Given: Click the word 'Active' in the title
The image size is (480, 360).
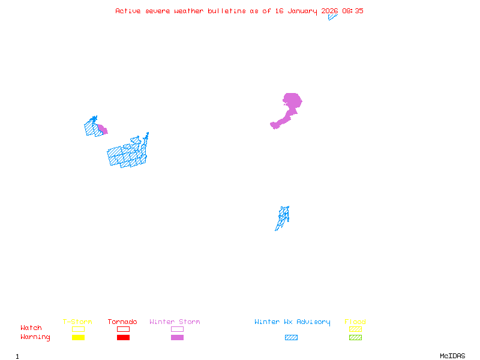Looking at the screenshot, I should click(x=128, y=11).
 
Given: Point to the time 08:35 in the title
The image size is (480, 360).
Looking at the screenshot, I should click(x=353, y=11).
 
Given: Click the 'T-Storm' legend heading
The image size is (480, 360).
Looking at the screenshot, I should click(x=77, y=322).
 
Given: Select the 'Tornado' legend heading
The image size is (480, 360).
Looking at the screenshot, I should click(x=122, y=322).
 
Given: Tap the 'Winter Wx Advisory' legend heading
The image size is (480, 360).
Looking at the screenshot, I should click(x=292, y=322).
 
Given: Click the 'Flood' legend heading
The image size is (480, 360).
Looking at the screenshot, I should click(x=355, y=322).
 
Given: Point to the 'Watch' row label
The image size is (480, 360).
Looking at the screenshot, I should click(x=31, y=328).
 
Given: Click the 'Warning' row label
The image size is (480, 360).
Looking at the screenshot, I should click(x=35, y=337).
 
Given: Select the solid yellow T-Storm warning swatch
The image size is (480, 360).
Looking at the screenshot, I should click(x=78, y=337).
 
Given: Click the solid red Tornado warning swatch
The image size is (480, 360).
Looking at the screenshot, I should click(x=123, y=337).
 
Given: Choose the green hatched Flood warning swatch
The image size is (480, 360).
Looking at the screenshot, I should click(x=355, y=337).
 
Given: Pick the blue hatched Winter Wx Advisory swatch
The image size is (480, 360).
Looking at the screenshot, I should click(x=291, y=337).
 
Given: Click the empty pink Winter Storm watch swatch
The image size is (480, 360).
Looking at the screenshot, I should click(x=177, y=329).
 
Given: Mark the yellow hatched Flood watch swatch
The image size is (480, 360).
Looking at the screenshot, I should click(x=355, y=329).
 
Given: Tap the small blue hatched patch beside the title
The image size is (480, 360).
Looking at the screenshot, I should click(x=332, y=17).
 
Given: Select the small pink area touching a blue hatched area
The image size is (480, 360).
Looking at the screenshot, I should click(x=103, y=129).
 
